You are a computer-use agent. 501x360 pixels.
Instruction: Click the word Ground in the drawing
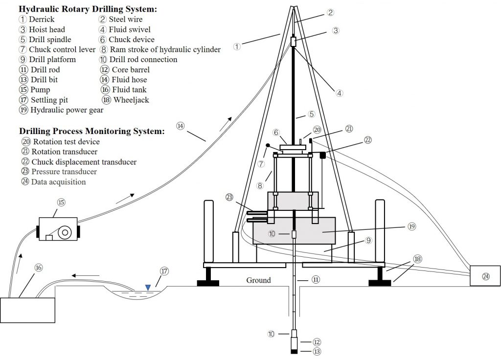258,280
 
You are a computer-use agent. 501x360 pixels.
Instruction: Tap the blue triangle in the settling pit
148,288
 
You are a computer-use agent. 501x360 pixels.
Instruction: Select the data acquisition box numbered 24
485,275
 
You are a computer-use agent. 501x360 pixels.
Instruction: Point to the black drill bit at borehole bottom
295,351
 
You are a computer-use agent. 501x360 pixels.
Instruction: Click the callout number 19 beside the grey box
411,227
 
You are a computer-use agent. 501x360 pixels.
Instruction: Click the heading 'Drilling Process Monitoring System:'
91,131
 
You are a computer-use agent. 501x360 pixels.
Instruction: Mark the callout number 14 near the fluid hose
181,126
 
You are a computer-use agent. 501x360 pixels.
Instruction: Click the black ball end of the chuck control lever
268,146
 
